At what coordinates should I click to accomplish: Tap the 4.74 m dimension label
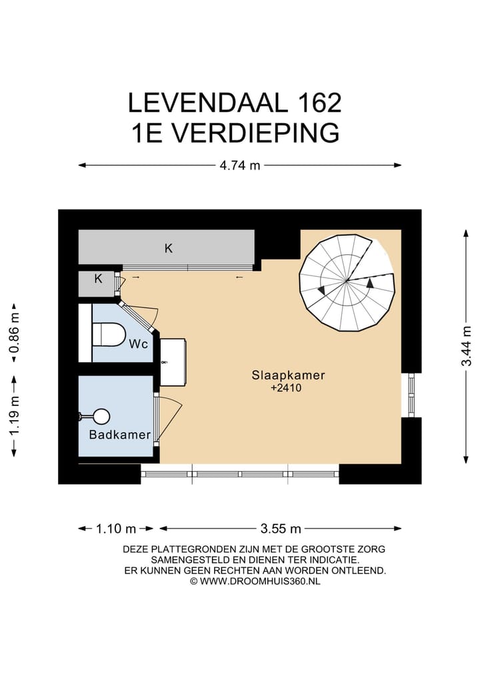(240, 166)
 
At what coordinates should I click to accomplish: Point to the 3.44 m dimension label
(467, 344)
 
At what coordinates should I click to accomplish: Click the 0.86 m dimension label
(13, 332)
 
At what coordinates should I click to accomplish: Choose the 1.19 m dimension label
(13, 415)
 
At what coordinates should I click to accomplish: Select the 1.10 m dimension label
(117, 529)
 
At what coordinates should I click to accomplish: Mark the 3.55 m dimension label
(281, 529)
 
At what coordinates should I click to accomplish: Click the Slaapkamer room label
(288, 375)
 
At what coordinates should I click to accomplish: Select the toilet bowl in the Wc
(108, 334)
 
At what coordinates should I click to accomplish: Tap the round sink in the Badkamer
(101, 417)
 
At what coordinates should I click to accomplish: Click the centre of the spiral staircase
(347, 282)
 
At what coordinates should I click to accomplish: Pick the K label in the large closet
(169, 248)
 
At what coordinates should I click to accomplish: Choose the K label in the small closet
(97, 279)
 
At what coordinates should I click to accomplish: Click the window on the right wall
(411, 395)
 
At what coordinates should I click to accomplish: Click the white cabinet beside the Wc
(173, 361)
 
